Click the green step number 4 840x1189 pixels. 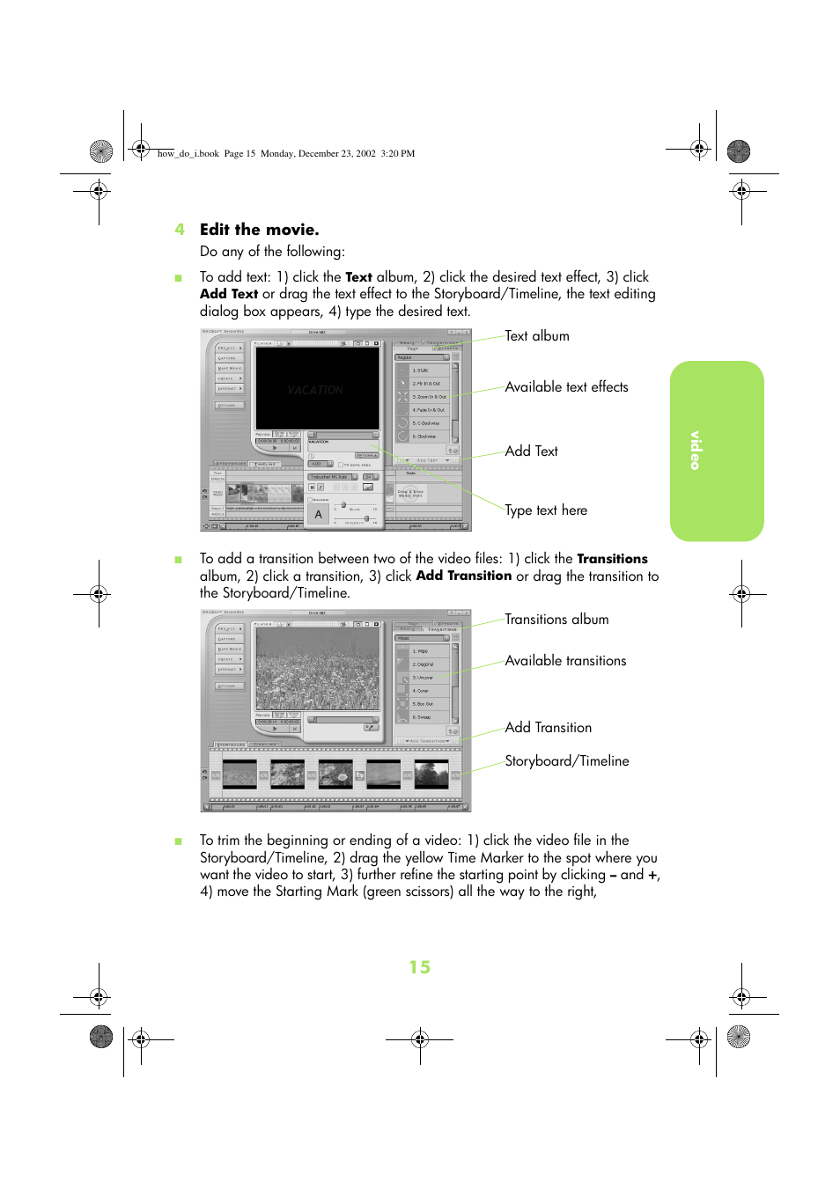[x=180, y=230]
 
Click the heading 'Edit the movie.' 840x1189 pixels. [x=259, y=230]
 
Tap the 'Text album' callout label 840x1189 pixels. [x=536, y=336]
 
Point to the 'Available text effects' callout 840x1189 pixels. [x=566, y=387]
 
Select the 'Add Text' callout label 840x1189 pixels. [x=531, y=451]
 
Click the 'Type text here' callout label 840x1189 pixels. [x=545, y=510]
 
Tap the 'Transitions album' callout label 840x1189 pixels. [x=556, y=620]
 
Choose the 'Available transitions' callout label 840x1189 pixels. [x=565, y=661]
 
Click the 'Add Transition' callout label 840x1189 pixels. [x=548, y=728]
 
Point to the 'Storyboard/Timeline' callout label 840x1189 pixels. [x=566, y=761]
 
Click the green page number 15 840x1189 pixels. [x=419, y=967]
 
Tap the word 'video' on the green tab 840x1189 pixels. [x=696, y=450]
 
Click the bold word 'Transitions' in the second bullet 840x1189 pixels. [x=612, y=559]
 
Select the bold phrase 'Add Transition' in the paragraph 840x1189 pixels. [x=463, y=576]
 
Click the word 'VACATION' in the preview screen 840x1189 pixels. [x=315, y=390]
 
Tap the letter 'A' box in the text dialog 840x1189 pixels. [x=319, y=514]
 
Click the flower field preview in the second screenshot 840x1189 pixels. [x=317, y=668]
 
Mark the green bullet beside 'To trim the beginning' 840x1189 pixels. [x=179, y=841]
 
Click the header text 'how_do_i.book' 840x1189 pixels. [x=188, y=153]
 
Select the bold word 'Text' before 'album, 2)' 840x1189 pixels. [x=358, y=277]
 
